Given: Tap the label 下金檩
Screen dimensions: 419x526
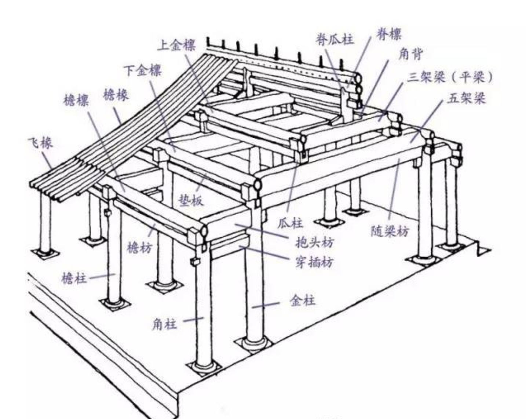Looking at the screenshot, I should tap(142, 70).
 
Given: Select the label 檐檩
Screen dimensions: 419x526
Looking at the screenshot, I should tap(76, 100).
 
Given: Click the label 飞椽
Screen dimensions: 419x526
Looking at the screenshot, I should tap(40, 142).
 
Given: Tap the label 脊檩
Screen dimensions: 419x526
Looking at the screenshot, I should tap(388, 34).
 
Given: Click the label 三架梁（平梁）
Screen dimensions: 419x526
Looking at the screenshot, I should tap(450, 77).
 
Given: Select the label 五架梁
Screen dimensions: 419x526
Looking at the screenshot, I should tap(466, 99).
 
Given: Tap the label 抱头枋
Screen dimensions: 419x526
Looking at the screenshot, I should tap(315, 242).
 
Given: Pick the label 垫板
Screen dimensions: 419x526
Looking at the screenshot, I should tap(191, 200).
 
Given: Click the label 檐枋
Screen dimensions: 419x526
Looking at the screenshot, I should tap(139, 248).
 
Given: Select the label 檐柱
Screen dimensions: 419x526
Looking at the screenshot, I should tap(74, 278).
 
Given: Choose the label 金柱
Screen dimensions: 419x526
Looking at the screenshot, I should tap(302, 301).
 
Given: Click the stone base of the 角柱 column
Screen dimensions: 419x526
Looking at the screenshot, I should tap(204, 366).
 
